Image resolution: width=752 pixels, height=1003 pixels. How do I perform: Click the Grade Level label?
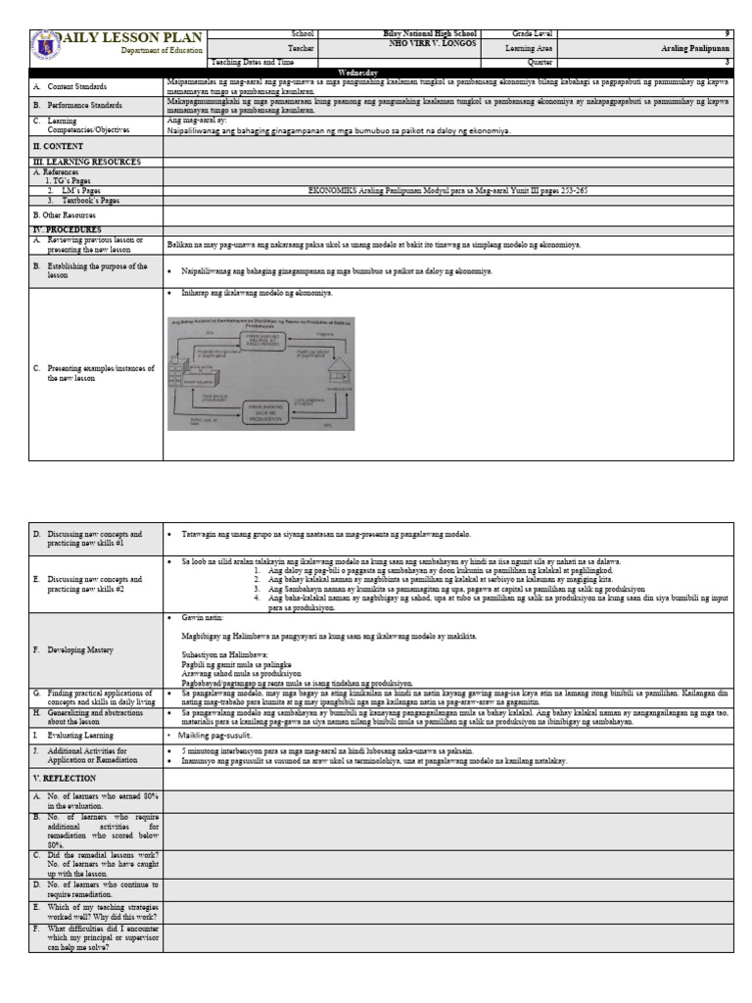coord(527,33)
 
